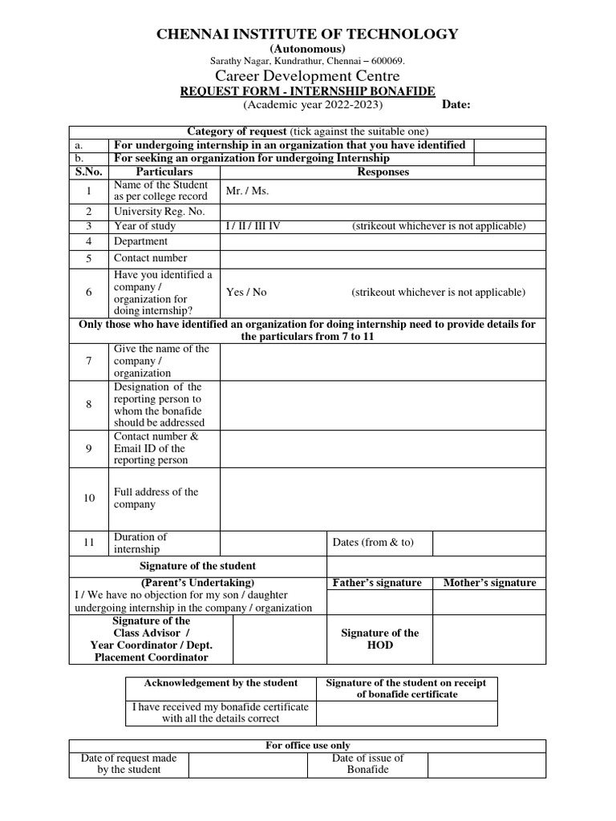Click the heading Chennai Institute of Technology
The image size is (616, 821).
[307, 34]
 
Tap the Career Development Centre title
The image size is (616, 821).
[307, 76]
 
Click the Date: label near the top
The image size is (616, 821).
[456, 105]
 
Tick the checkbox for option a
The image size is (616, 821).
[509, 145]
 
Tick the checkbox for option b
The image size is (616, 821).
[509, 159]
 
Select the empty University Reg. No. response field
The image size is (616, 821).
[383, 212]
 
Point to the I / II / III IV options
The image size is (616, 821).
[253, 226]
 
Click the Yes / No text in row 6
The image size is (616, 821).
[246, 293]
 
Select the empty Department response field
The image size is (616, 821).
[383, 241]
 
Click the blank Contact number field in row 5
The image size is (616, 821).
[383, 258]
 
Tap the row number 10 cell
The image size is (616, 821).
[89, 499]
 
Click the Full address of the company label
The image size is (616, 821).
[156, 499]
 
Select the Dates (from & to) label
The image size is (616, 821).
[373, 543]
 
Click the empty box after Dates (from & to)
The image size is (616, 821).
[488, 543]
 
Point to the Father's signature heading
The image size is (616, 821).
[376, 583]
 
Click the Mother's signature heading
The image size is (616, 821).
[489, 583]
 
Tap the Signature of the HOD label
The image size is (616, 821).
[379, 639]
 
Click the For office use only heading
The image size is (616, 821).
[307, 746]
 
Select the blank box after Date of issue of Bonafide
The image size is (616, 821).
[486, 764]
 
